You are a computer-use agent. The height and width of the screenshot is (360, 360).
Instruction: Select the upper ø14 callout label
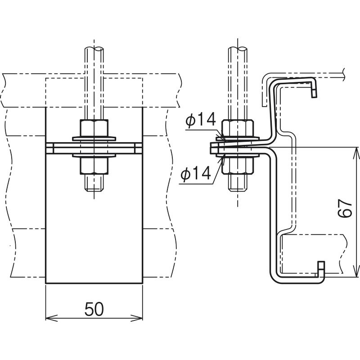point(201,121)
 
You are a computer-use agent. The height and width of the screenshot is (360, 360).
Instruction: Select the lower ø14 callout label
point(195,174)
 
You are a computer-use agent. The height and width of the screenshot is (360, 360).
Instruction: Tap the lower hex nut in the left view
point(94,166)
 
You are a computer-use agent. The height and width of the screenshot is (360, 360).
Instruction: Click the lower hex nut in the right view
point(238,166)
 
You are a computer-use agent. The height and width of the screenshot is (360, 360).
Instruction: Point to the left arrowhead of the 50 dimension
point(49,318)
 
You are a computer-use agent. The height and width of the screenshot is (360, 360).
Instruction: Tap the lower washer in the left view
point(94,156)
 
